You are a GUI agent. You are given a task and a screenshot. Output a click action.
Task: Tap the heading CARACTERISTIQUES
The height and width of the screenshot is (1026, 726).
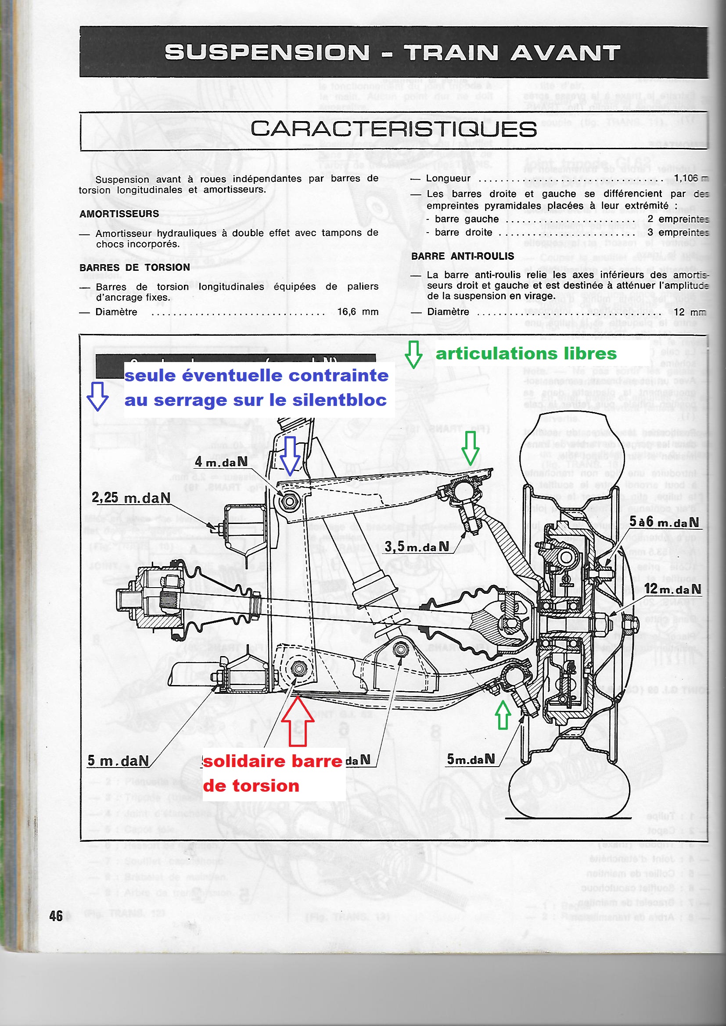[x=393, y=129]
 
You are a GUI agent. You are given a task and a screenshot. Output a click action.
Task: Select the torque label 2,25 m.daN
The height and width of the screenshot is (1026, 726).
[x=130, y=498]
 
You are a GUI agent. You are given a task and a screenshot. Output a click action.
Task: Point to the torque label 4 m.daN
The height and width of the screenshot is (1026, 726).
[x=221, y=462]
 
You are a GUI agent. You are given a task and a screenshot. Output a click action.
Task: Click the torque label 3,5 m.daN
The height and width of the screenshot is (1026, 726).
[x=417, y=546]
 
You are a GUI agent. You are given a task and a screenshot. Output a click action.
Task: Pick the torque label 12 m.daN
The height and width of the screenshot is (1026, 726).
[x=672, y=589]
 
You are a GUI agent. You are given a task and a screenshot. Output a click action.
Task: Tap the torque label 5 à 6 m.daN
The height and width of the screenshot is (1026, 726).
[x=664, y=522]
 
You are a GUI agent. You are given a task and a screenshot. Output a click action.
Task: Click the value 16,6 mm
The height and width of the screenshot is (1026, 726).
[x=358, y=312]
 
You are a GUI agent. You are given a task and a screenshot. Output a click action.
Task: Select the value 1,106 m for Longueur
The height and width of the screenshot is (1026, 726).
[x=688, y=178]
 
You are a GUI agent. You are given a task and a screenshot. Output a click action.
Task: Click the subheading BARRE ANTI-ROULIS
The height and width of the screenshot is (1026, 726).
[x=463, y=256]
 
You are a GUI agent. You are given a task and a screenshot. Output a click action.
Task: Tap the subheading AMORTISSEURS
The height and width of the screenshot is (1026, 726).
[x=119, y=214]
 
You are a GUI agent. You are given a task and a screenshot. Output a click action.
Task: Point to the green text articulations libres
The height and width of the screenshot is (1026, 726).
[x=526, y=353]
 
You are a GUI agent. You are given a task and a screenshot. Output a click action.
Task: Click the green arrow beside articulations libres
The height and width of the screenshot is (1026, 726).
[x=413, y=355]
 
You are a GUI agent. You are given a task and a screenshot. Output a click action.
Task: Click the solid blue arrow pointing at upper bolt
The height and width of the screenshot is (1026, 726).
[x=290, y=456]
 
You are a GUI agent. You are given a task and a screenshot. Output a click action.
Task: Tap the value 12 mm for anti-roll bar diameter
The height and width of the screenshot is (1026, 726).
[x=690, y=312]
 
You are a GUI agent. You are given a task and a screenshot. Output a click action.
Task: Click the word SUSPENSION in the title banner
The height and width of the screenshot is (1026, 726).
[x=267, y=53]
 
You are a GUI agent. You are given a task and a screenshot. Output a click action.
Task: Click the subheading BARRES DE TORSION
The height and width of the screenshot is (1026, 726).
[x=135, y=267]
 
